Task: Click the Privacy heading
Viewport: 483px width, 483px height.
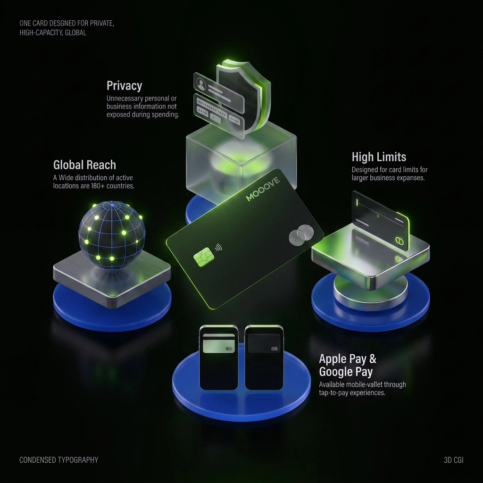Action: [124, 86]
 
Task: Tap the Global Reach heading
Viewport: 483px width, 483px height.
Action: [84, 165]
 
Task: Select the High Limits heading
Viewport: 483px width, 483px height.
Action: [379, 157]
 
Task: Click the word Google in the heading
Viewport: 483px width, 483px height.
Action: [336, 372]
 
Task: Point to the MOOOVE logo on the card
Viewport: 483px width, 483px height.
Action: [263, 189]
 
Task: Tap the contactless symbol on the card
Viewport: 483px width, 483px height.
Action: [218, 247]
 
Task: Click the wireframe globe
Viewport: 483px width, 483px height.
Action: [111, 235]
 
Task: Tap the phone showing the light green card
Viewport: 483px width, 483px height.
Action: [219, 358]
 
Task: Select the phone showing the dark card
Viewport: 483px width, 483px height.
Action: [264, 358]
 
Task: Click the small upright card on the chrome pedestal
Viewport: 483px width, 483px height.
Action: [381, 220]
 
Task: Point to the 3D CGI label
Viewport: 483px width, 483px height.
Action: [453, 460]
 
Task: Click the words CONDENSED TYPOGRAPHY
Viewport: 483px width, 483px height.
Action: [59, 460]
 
